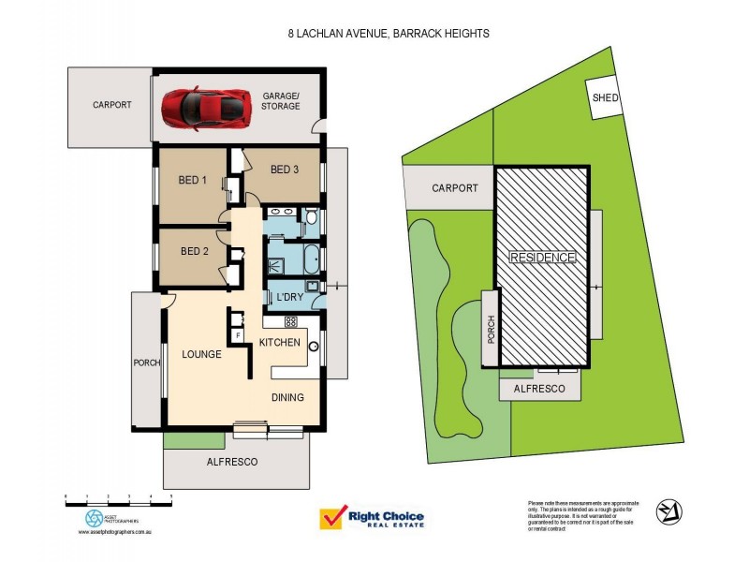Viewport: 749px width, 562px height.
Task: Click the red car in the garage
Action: click(x=205, y=107)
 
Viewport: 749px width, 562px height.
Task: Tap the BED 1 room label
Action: click(x=192, y=180)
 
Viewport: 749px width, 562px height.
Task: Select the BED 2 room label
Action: click(x=195, y=251)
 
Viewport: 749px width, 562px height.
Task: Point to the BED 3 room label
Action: click(x=285, y=170)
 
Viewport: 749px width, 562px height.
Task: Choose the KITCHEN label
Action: click(x=279, y=343)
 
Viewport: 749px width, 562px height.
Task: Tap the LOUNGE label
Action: click(x=202, y=354)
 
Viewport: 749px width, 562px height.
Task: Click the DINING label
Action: click(x=287, y=397)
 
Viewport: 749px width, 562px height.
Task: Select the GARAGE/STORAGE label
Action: click(x=281, y=100)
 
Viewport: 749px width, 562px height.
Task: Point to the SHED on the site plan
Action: click(x=604, y=97)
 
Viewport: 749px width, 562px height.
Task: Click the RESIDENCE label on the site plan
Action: click(x=542, y=257)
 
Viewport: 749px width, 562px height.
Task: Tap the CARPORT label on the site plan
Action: click(x=455, y=188)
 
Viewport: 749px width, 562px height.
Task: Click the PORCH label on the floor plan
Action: click(x=148, y=362)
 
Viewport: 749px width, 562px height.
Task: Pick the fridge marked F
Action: click(x=239, y=333)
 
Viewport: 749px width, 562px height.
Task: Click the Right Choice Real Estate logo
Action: click(x=372, y=519)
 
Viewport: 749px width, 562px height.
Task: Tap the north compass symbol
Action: click(x=668, y=511)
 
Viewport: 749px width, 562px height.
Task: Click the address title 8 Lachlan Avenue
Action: click(x=388, y=33)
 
